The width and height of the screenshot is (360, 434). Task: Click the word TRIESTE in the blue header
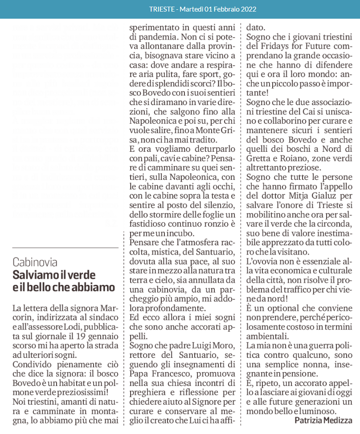[162, 9]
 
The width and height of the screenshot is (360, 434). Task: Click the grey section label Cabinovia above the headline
[35, 262]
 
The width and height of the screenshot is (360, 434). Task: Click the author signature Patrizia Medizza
[323, 420]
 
